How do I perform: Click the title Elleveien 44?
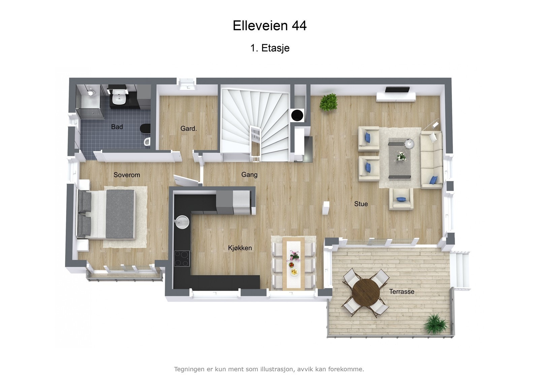pos(269,26)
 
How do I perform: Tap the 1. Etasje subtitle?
pos(269,48)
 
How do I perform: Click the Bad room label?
pos(117,127)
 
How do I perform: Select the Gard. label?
pos(188,128)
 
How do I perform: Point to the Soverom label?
pos(127,175)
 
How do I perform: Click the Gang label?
pos(249,174)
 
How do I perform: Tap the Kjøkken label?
pos(240,248)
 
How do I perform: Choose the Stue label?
pos(361,204)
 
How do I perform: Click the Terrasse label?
pos(402,292)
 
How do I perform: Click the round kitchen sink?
pos(182,222)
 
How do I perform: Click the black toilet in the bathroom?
pos(145,128)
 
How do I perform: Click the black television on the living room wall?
pos(397,90)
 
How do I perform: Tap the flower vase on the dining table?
pos(294,256)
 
